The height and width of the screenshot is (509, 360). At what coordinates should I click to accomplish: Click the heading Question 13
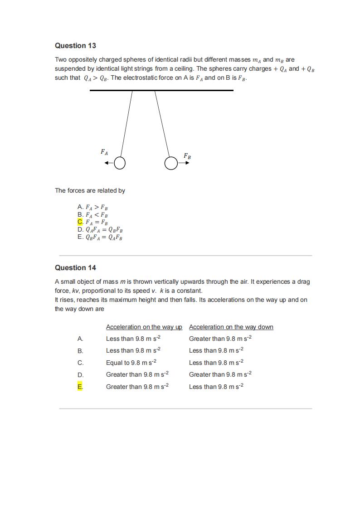[75, 46]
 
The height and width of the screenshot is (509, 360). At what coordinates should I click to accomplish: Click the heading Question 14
[75, 268]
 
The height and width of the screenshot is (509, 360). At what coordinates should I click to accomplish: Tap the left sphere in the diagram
[119, 163]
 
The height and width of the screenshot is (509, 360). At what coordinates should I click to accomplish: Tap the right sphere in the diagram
[170, 163]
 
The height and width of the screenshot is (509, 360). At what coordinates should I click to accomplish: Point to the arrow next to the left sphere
[108, 163]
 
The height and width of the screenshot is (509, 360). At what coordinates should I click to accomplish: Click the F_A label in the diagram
[104, 152]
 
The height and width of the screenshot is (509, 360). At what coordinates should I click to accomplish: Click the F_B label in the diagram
[187, 156]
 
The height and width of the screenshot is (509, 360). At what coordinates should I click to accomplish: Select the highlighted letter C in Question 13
[80, 222]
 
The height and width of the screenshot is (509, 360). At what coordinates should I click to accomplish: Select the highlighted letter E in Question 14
[80, 387]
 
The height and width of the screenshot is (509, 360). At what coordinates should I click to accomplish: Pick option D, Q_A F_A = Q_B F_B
[100, 230]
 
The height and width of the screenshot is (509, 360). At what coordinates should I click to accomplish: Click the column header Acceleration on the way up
[144, 327]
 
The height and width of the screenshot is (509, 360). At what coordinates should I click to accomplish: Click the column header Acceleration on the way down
[231, 327]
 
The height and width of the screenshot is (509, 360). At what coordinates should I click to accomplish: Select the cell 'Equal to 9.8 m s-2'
[131, 363]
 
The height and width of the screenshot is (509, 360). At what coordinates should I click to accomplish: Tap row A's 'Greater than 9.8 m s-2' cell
[220, 339]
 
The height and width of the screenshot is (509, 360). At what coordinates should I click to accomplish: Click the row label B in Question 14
[80, 351]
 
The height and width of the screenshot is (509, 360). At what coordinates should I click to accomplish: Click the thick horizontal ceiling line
[161, 90]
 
